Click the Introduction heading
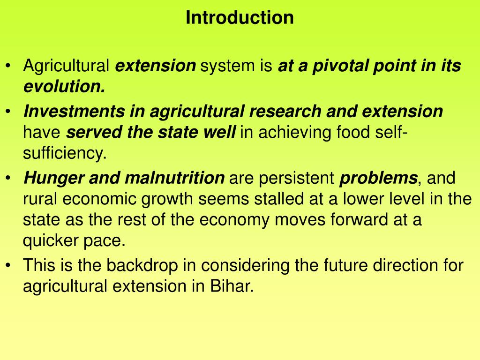pyautogui.click(x=240, y=18)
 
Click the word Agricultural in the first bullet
pyautogui.click(x=67, y=67)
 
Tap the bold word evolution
pyautogui.click(x=64, y=87)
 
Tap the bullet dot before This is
pyautogui.click(x=10, y=266)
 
